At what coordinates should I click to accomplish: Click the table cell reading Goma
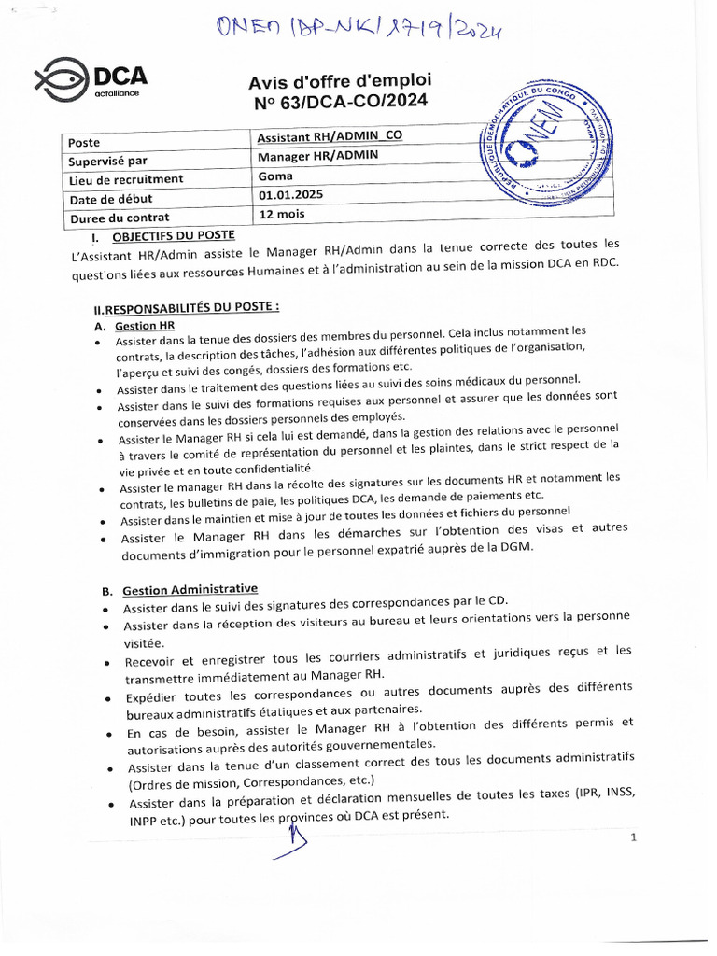(275, 176)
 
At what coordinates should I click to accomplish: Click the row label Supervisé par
(108, 161)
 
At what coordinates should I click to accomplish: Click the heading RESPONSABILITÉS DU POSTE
(187, 308)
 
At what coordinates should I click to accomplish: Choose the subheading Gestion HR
(145, 326)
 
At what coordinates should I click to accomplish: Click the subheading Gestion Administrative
(190, 590)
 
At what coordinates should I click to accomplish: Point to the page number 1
(633, 837)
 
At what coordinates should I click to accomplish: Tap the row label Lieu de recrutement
(126, 179)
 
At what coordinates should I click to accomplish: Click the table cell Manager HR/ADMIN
(317, 156)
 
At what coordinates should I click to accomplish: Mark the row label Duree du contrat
(119, 218)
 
